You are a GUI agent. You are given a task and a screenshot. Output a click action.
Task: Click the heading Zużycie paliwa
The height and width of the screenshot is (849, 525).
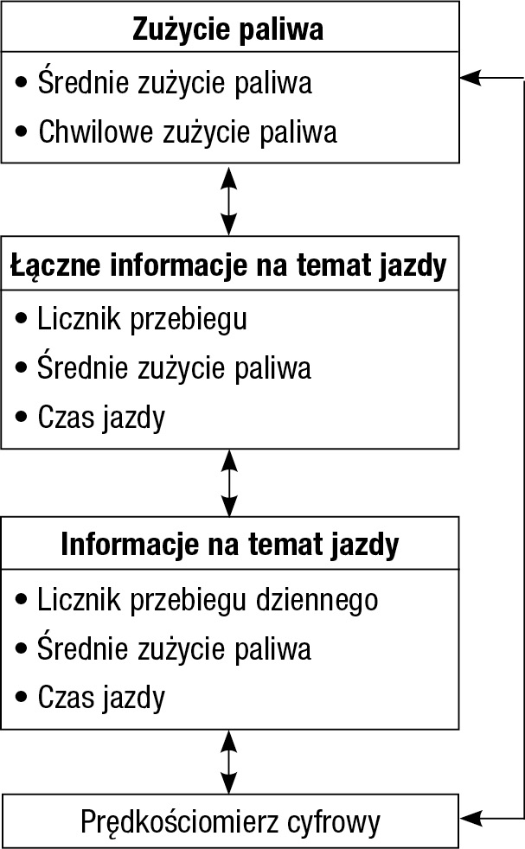228,29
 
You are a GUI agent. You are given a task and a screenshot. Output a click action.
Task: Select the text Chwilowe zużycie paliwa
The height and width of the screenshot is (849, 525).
188,132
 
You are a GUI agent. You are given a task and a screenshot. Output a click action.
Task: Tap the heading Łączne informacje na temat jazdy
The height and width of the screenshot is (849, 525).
228,266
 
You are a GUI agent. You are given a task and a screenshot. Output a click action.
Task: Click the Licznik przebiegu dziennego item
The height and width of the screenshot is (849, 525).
208,600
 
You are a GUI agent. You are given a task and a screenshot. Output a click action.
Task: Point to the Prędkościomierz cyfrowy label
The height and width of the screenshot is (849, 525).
230,822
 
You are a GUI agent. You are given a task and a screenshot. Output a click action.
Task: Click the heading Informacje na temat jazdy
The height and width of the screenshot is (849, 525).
230,545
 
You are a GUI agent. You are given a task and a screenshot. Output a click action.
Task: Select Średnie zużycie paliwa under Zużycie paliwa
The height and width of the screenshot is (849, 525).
175,83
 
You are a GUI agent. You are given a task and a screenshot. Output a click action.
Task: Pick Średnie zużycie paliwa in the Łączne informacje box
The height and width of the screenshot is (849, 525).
174,367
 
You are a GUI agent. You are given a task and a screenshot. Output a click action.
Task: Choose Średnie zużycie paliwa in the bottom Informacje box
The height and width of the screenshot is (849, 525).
174,648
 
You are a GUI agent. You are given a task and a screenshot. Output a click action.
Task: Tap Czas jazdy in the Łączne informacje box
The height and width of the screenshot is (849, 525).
101,418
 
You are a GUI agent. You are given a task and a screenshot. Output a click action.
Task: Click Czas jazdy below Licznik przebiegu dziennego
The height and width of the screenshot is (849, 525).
101,698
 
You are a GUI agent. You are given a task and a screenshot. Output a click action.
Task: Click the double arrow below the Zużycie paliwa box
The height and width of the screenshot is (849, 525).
229,200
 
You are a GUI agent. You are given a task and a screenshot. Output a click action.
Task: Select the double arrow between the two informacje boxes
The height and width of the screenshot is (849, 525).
230,483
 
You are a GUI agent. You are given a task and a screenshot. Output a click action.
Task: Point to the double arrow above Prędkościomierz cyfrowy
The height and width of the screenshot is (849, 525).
229,763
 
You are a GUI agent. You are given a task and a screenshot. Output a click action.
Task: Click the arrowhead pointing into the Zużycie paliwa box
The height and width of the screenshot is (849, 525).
470,78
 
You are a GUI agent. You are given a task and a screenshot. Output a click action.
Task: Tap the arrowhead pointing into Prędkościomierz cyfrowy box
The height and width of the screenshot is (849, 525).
470,819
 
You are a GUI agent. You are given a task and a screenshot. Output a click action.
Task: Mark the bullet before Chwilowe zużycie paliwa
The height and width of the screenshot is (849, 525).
22,132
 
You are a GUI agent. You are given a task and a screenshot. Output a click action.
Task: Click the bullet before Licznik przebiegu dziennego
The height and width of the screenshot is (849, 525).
22,600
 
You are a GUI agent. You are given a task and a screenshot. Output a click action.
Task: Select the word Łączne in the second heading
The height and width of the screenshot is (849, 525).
55,266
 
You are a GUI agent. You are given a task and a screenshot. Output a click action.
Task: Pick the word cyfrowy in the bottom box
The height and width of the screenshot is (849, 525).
333,822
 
